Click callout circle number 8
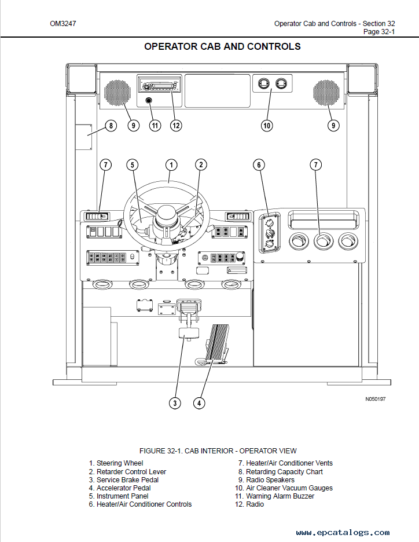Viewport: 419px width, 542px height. click(x=111, y=126)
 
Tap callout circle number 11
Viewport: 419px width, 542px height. click(x=155, y=126)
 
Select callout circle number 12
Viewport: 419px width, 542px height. click(x=176, y=126)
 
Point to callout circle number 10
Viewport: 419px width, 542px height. click(x=267, y=126)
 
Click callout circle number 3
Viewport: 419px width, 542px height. click(x=175, y=402)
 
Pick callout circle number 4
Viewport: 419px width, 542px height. click(x=199, y=402)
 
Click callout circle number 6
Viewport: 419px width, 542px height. click(x=259, y=164)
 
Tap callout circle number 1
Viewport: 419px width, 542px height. click(x=171, y=164)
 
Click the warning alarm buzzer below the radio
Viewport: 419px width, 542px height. click(x=149, y=101)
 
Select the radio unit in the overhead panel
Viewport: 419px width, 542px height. click(x=159, y=84)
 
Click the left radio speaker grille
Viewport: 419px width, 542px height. click(x=118, y=93)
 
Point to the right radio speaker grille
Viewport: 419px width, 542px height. click(x=326, y=93)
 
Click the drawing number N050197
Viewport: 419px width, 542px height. click(x=376, y=399)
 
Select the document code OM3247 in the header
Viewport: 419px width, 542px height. click(x=63, y=24)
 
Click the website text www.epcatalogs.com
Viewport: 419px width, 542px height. click(x=343, y=533)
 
